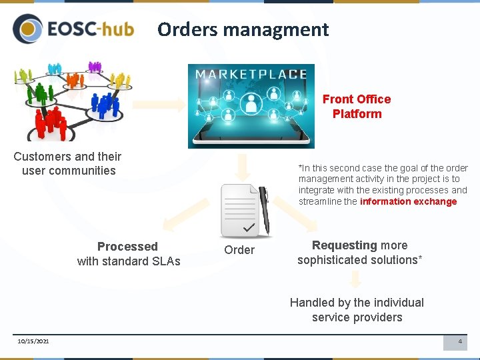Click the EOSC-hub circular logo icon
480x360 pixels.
(27, 29)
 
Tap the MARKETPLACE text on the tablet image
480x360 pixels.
(251, 74)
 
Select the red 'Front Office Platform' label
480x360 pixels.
(357, 107)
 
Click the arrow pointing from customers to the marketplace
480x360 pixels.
(160, 105)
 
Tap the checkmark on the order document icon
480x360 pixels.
(249, 229)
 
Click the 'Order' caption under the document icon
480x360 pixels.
(239, 250)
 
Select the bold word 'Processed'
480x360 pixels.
(127, 247)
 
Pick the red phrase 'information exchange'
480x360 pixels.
(408, 201)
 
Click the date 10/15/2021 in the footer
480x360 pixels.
(33, 341)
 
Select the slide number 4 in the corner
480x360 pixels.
(459, 341)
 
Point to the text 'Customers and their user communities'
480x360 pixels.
(67, 163)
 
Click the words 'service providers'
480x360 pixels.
(357, 317)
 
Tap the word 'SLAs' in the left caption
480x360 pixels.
(166, 261)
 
